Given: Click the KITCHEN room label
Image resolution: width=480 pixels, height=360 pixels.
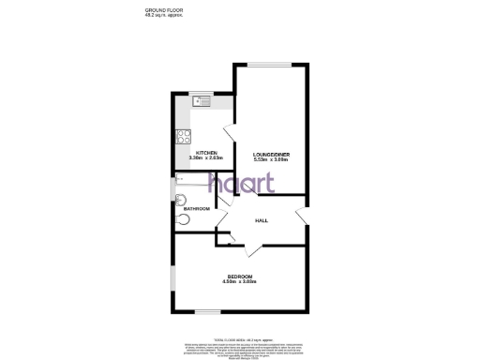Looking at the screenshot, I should coord(207,153).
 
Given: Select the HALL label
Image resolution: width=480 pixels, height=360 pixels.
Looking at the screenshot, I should coord(262,220).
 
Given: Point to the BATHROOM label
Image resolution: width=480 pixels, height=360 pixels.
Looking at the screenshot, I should coord(196,208).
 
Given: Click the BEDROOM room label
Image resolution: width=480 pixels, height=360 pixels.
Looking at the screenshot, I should coord(241,275).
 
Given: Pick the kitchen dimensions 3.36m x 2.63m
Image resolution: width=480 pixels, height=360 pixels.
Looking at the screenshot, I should coord(207,158).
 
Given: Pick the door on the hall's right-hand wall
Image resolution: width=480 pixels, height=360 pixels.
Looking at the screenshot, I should coord(303,214).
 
